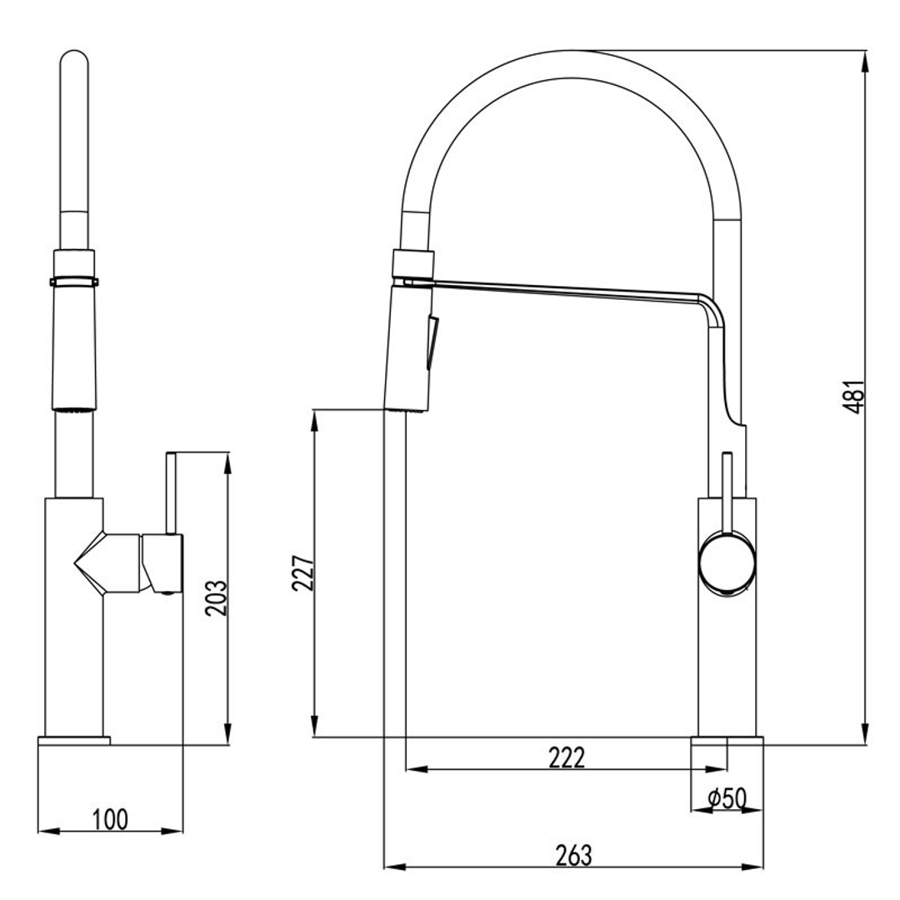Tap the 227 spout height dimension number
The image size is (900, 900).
click(303, 573)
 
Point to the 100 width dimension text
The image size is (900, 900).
click(110, 819)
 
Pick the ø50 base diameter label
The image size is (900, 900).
click(726, 798)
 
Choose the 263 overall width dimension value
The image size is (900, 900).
click(573, 855)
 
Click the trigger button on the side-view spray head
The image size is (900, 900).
click(431, 342)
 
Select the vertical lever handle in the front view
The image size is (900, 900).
click(171, 492)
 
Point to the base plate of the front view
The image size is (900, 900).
click(74, 741)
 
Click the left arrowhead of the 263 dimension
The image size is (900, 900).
click(390, 867)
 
